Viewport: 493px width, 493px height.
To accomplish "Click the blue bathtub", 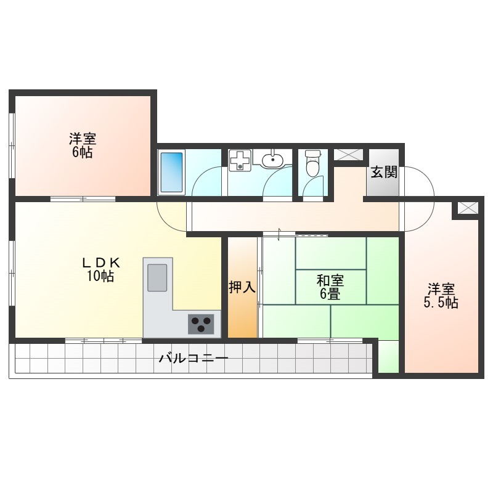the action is coord(171,172).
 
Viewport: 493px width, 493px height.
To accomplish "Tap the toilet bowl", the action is coord(312,163).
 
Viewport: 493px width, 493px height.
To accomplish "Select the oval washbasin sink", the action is coord(272,160).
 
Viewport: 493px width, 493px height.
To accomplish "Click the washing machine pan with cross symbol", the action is coord(240,160).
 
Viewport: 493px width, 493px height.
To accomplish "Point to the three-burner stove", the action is coord(201,324).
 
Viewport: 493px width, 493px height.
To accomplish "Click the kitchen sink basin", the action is coord(157,278).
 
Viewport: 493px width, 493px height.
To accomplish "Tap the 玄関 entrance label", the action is coord(383,173).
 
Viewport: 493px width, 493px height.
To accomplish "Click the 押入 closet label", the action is coord(242,287).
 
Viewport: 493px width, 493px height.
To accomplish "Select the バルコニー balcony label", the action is coord(193,359).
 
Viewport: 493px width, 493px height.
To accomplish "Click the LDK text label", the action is coord(100,262).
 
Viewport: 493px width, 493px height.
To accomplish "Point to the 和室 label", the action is coord(330,281).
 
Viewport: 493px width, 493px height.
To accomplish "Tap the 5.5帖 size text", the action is coord(441,303).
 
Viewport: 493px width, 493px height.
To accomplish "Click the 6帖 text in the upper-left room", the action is coord(83,152).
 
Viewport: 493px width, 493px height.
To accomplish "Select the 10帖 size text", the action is coord(100,276).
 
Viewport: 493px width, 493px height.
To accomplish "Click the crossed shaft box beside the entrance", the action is coord(348,155).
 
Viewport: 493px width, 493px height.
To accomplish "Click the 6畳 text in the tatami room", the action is coord(330,295).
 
